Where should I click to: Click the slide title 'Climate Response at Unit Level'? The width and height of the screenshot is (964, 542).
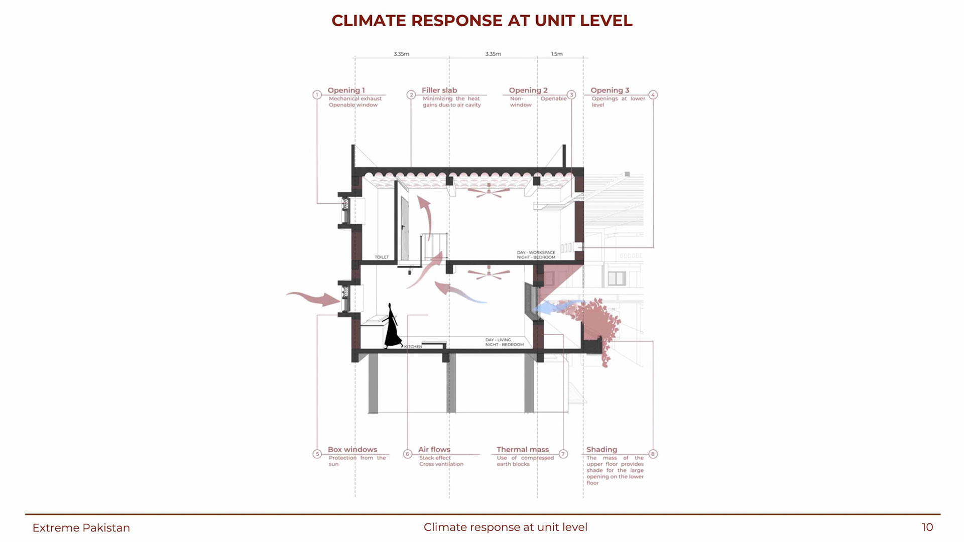(482, 21)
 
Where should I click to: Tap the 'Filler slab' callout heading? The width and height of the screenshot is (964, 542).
(439, 90)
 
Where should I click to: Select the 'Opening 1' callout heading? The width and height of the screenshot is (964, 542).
(346, 90)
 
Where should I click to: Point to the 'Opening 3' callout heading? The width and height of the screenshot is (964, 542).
(610, 90)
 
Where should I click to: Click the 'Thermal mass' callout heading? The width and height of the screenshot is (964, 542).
(523, 450)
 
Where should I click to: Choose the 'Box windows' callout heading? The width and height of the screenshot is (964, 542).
(352, 450)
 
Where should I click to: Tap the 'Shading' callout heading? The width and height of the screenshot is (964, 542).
(601, 450)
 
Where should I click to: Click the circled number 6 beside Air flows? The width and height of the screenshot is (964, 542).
(408, 454)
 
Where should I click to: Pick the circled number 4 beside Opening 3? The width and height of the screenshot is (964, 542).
(653, 95)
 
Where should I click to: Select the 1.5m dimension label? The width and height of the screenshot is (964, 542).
(557, 54)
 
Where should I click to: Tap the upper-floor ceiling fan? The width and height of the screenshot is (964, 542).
(489, 191)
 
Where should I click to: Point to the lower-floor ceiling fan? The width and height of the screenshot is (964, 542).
(489, 274)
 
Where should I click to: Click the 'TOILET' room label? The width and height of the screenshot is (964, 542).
(382, 257)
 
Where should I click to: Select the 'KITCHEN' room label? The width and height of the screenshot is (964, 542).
(413, 347)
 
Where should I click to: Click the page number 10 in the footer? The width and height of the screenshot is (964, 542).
(927, 527)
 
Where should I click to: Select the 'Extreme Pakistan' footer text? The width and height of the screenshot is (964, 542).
(81, 528)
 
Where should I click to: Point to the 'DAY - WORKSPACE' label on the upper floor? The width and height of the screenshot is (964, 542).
(536, 252)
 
